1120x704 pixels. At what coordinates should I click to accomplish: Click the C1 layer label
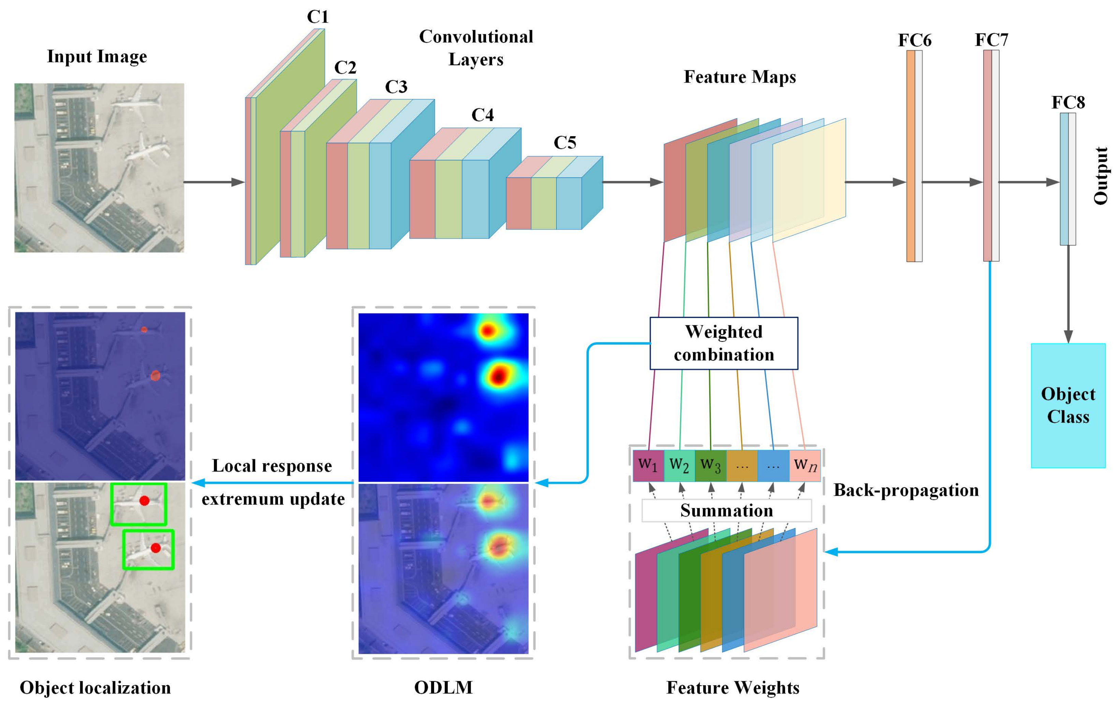[318, 17]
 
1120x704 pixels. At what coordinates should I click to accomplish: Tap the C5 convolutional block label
[565, 142]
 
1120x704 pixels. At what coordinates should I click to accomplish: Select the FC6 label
[914, 41]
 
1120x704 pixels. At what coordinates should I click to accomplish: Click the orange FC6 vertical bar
[911, 156]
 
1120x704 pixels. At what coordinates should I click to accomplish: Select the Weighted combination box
[724, 343]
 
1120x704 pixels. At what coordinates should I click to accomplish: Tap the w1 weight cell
[648, 465]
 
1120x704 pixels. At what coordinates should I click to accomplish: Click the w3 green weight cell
[710, 465]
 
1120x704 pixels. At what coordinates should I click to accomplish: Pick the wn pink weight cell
[805, 465]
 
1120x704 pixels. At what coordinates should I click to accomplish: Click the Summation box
[726, 511]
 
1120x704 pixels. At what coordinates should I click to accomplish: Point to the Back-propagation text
[905, 490]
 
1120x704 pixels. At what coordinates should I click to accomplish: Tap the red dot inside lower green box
[156, 548]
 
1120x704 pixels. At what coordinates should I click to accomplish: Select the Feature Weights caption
[733, 688]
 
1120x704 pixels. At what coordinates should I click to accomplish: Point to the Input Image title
[97, 57]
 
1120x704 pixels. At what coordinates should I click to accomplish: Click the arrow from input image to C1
[214, 182]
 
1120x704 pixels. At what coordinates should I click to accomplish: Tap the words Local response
[272, 466]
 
